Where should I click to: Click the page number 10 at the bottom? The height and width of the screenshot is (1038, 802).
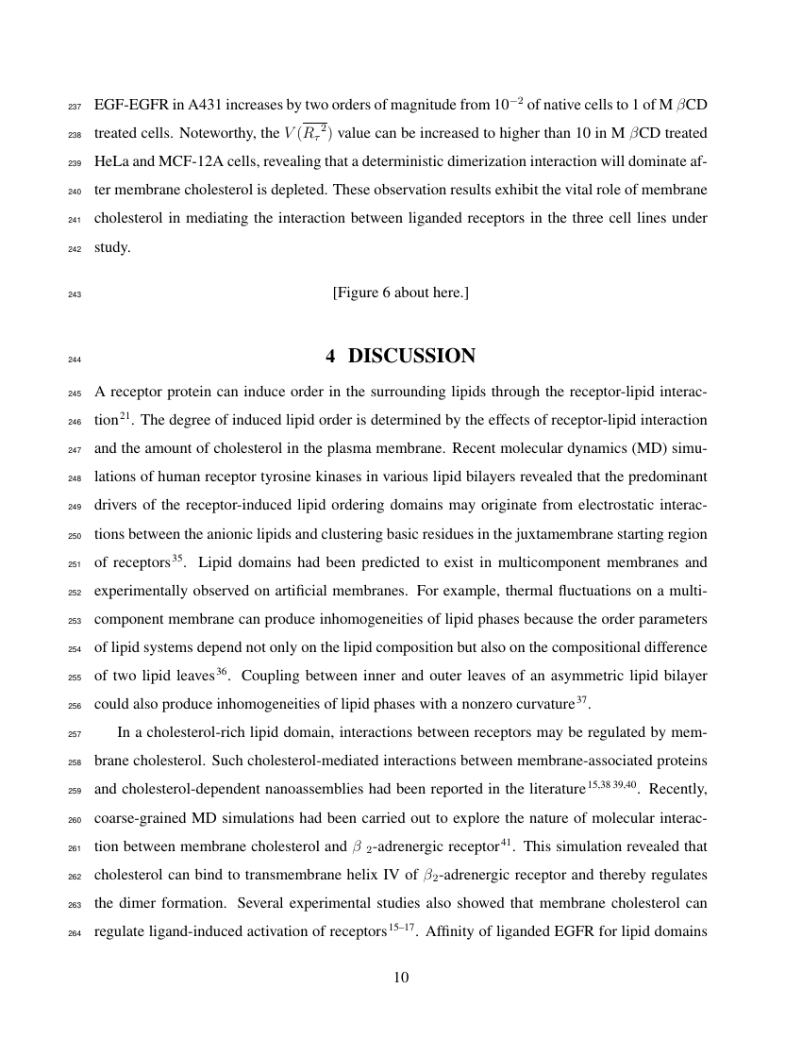tap(400, 977)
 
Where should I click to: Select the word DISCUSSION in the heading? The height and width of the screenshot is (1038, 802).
tap(411, 356)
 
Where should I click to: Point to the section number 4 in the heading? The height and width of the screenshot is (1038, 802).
tap(331, 356)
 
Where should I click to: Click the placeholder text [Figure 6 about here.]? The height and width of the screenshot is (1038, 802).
tap(400, 293)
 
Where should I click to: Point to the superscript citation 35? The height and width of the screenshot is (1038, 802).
tap(175, 559)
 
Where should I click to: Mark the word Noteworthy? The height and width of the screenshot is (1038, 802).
tap(181, 134)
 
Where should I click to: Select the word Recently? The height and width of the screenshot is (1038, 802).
tap(678, 787)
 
